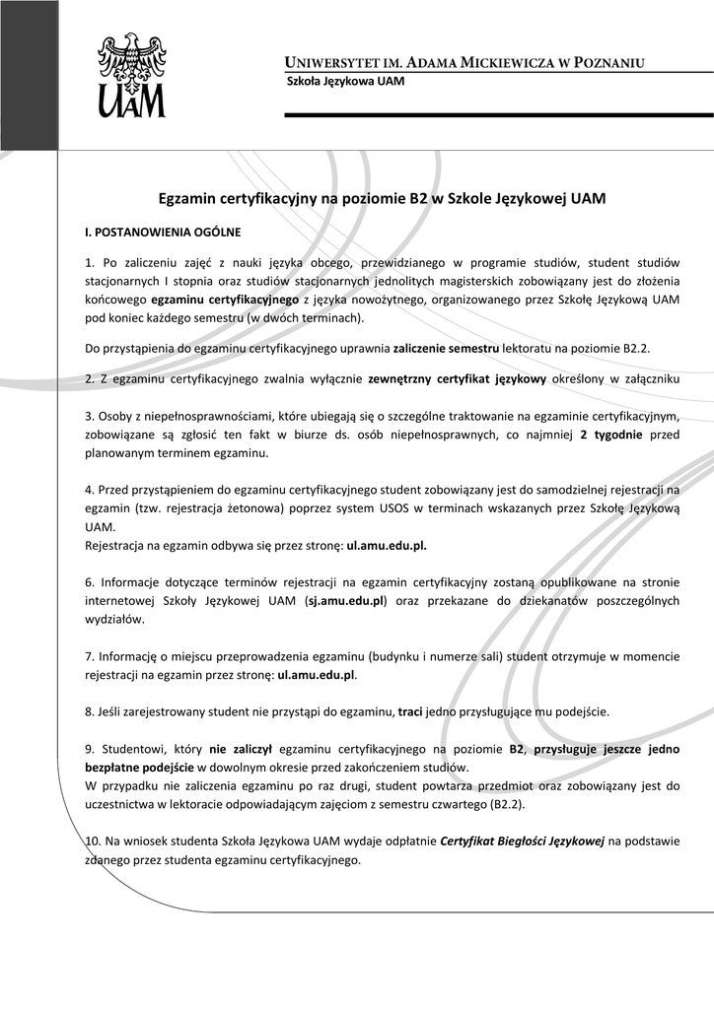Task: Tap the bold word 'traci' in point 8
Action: coord(411,710)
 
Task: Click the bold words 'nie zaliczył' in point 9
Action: coord(241,749)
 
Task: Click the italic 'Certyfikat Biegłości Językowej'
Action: coord(522,841)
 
